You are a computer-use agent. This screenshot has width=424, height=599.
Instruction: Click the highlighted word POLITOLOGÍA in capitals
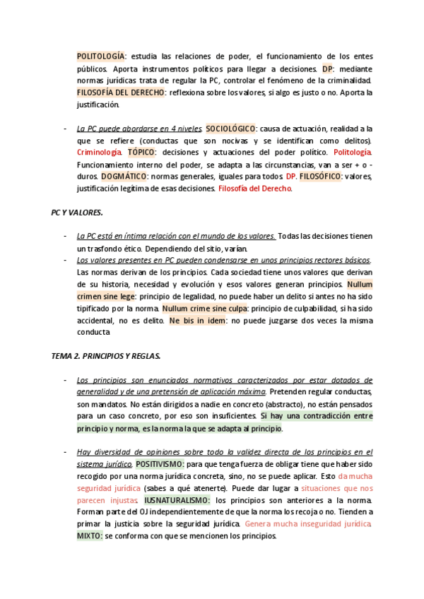100,56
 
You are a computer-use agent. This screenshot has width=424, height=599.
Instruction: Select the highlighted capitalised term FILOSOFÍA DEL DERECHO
120,93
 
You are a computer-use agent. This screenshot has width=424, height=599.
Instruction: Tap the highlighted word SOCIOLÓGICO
232,129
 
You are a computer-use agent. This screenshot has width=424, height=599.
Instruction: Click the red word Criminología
99,153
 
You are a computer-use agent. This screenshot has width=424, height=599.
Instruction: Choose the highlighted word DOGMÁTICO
124,177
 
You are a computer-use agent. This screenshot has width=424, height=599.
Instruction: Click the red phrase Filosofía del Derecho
255,189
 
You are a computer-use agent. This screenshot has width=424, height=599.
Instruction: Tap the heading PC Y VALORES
78,212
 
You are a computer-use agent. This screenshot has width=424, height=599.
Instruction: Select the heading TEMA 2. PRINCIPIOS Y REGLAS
107,356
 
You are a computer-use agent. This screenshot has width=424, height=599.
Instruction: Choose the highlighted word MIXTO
90,535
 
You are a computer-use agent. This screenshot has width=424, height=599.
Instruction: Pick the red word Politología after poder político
352,153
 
